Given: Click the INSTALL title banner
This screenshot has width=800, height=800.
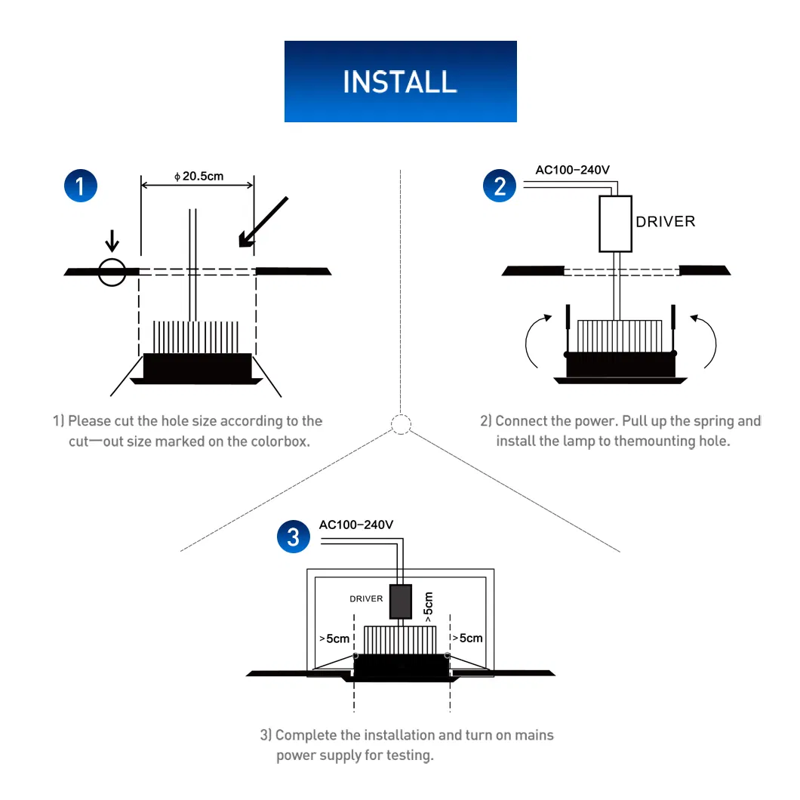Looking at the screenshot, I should click(x=400, y=82).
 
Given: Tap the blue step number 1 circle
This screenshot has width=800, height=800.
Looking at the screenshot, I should click(x=82, y=184).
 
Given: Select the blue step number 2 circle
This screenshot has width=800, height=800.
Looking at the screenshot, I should click(x=500, y=184).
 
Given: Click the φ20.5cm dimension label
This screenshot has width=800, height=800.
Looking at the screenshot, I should click(x=199, y=177).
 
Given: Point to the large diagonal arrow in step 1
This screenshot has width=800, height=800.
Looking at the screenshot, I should click(x=263, y=221).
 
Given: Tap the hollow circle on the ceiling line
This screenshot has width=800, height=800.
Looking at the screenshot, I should click(x=112, y=272).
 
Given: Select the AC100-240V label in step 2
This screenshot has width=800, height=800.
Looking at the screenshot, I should click(x=572, y=170).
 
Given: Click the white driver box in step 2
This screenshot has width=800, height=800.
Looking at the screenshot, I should click(x=615, y=223).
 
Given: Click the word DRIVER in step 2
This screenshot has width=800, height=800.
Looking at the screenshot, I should click(x=665, y=222).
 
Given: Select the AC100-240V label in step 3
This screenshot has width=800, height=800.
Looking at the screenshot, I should click(x=356, y=525).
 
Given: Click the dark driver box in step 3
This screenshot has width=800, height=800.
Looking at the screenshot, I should click(x=400, y=601).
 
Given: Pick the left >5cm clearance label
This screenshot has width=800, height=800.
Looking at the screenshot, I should click(x=335, y=638).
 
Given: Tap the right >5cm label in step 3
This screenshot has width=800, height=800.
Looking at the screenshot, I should click(x=466, y=638).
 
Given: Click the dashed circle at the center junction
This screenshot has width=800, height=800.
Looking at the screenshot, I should click(x=401, y=424).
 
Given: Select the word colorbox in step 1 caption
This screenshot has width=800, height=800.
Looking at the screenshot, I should click(x=278, y=442).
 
